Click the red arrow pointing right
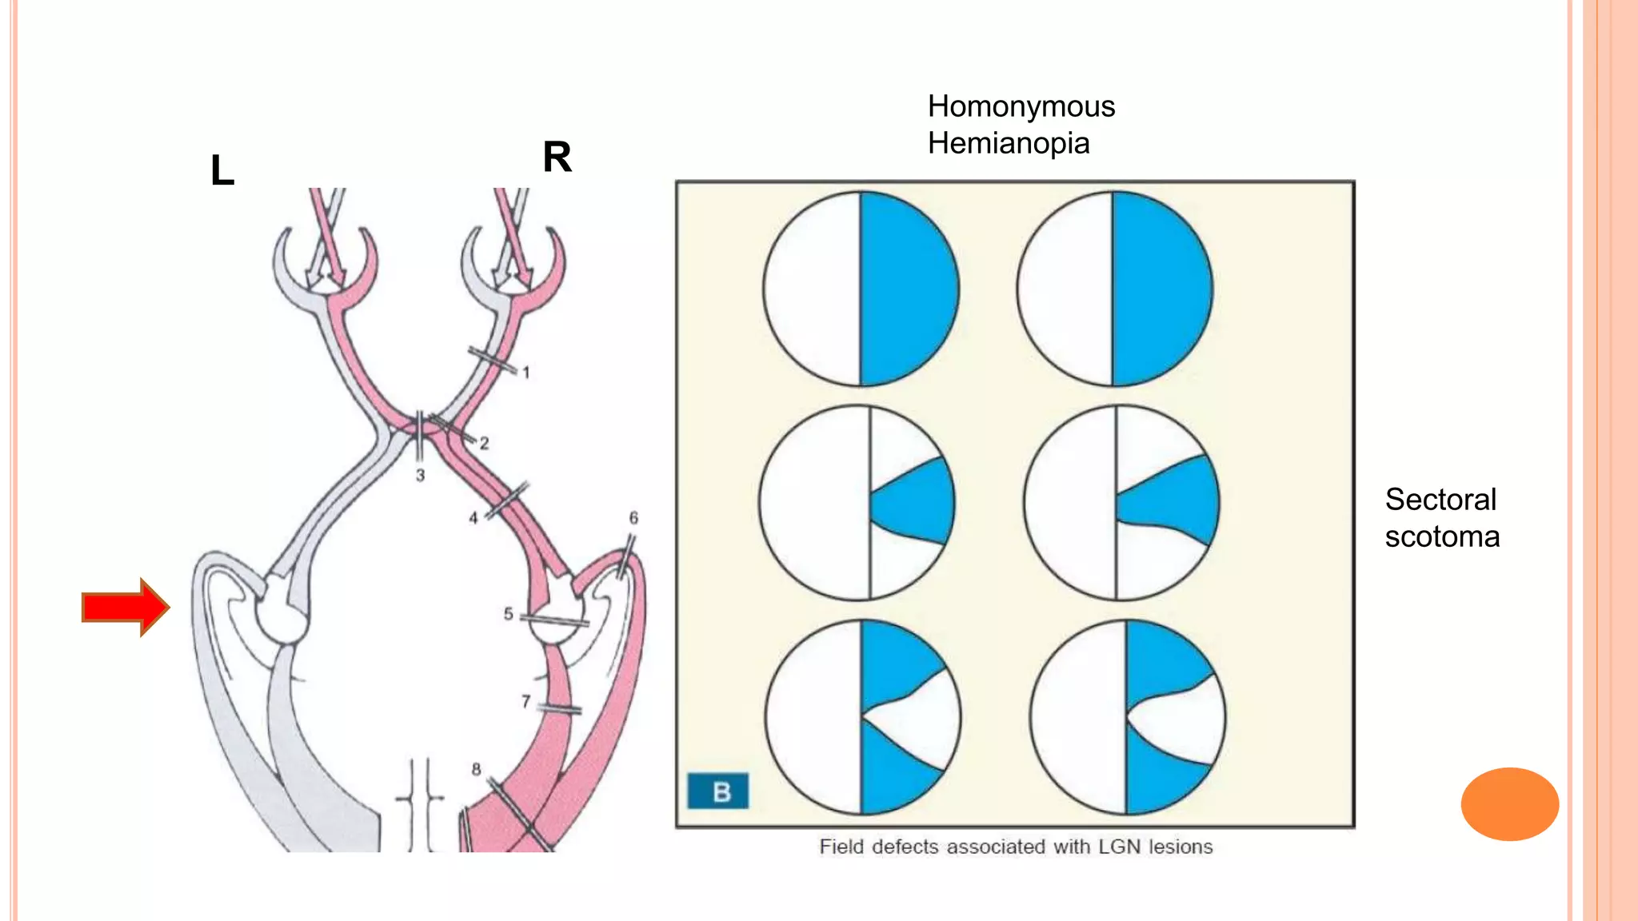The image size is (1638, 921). [x=125, y=607]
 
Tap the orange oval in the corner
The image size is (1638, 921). [x=1509, y=803]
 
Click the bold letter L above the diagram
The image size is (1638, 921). [x=222, y=170]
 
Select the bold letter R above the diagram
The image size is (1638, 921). [x=557, y=157]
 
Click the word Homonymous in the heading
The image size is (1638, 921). [x=1021, y=106]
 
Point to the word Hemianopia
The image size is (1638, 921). [x=1008, y=144]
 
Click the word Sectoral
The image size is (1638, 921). [x=1440, y=500]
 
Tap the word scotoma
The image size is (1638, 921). [x=1442, y=536]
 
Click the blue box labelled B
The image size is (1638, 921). [x=718, y=791]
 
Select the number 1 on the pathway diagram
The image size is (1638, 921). [x=526, y=372]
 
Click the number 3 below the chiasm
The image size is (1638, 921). [x=420, y=476]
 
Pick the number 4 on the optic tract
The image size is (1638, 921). [x=473, y=518]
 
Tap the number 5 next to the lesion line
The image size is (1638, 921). [x=508, y=614]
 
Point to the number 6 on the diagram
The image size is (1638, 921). [x=633, y=518]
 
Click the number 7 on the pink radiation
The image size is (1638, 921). [x=525, y=701]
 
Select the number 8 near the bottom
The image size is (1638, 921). [x=476, y=769]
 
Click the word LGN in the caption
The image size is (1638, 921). [x=1120, y=847]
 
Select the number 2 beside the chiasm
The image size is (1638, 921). [x=484, y=443]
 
